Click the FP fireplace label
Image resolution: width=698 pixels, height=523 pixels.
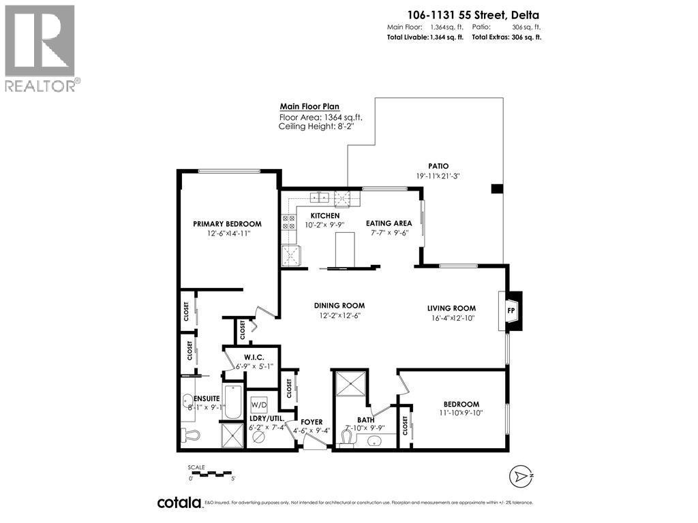[511, 311]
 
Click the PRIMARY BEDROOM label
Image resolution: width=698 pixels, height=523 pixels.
[227, 224]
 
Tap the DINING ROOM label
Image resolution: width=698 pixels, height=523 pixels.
[339, 306]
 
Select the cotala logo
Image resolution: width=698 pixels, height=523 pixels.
[180, 503]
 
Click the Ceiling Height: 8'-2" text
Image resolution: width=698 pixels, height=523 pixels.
[316, 126]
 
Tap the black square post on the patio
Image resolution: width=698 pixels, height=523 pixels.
[498, 189]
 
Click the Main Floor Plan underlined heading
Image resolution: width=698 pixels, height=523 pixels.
[309, 107]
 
